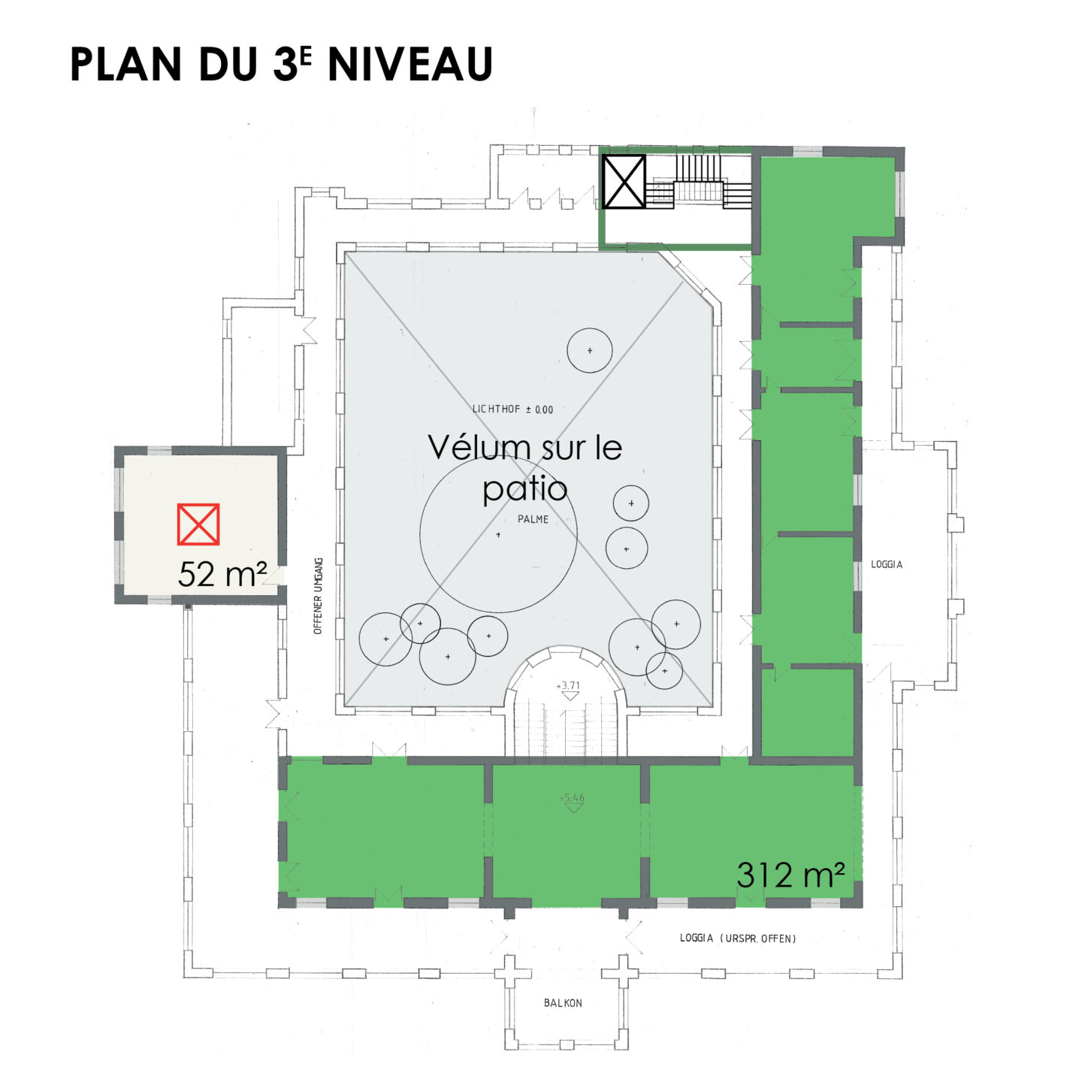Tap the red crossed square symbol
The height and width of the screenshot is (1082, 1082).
(x=198, y=524)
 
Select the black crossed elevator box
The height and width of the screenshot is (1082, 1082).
(x=623, y=182)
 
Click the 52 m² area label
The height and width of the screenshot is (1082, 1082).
(x=222, y=574)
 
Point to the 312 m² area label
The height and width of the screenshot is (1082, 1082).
(x=790, y=875)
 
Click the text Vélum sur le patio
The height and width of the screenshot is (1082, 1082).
(x=525, y=467)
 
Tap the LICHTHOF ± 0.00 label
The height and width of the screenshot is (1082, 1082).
(x=512, y=410)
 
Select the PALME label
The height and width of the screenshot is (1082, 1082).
(x=533, y=519)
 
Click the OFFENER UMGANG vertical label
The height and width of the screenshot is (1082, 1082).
(x=318, y=596)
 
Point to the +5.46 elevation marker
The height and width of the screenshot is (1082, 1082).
(x=572, y=803)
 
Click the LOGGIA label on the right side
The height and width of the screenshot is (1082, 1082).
(x=887, y=564)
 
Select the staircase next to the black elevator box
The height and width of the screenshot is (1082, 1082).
(x=699, y=181)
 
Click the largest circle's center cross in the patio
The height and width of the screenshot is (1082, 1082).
(x=498, y=534)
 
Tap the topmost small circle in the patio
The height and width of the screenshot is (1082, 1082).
(x=590, y=350)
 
